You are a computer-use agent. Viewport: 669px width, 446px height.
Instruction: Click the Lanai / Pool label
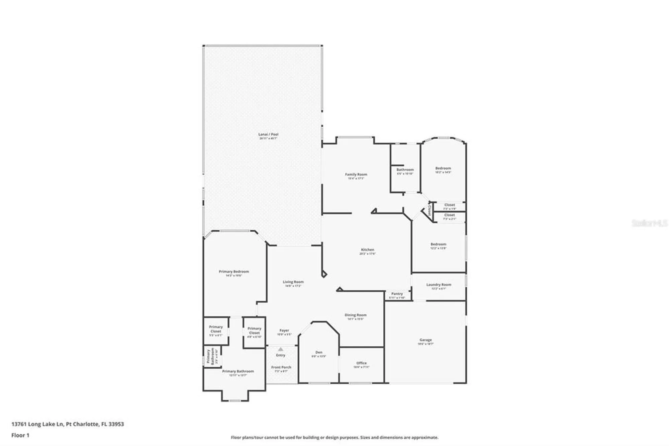268,134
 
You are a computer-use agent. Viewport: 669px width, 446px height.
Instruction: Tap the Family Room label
356,174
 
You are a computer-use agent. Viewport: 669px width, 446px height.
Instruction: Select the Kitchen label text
367,250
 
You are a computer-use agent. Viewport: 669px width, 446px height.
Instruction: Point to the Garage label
425,340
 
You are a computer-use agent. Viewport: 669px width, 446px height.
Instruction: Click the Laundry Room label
439,285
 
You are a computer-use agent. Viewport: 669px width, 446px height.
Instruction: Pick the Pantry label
397,294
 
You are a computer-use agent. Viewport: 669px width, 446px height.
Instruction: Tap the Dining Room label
355,315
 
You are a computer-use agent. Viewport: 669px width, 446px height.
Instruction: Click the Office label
361,363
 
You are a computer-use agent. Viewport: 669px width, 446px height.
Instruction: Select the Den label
319,352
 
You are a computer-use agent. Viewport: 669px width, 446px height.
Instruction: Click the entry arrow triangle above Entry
281,349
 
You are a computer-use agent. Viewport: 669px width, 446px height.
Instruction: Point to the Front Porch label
281,367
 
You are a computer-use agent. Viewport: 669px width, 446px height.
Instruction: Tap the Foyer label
284,330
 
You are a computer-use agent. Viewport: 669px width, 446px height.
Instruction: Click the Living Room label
293,282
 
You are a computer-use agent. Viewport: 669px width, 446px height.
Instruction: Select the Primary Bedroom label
234,272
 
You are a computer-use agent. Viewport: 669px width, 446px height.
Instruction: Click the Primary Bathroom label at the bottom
238,371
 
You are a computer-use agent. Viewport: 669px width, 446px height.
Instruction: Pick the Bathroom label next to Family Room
405,170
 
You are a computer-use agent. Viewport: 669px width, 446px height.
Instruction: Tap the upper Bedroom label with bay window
443,168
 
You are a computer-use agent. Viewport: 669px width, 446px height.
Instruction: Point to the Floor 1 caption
20,435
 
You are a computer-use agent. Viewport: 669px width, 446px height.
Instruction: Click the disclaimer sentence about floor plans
334,437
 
